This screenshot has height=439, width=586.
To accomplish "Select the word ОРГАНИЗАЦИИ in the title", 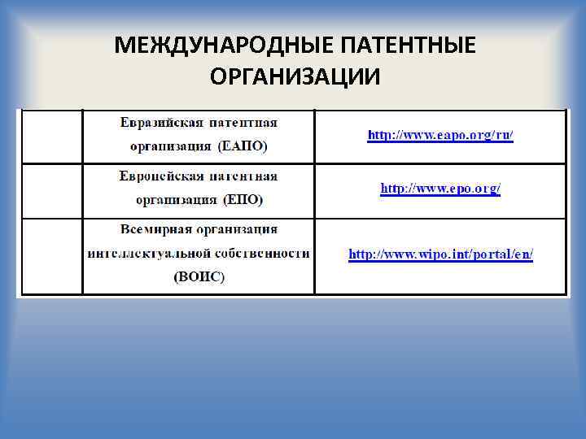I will click(294, 76).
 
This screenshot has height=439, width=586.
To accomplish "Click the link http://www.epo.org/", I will click(440, 189).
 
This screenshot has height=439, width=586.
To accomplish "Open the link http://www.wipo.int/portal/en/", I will click(440, 254).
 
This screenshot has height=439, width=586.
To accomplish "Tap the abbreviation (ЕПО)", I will click(243, 199).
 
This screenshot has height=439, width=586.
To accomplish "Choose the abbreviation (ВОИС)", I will click(199, 276).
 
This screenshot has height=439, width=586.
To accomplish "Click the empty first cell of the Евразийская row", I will click(51, 136).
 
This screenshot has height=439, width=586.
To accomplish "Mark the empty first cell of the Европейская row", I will click(51, 191).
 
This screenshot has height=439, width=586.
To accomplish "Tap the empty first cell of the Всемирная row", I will click(51, 255).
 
